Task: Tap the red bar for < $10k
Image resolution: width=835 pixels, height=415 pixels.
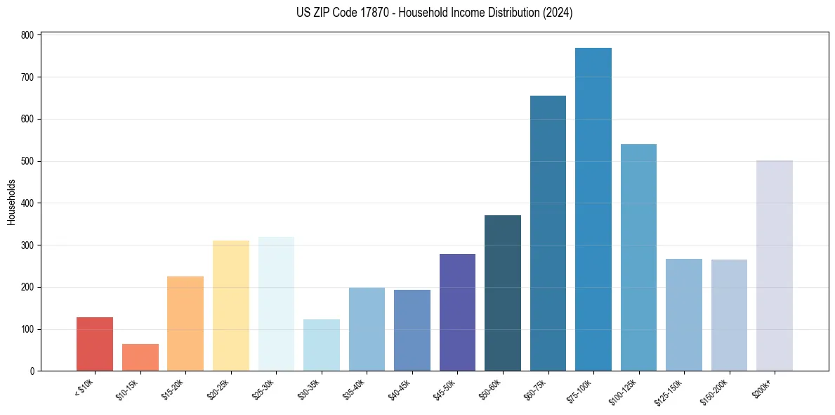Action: (x=95, y=344)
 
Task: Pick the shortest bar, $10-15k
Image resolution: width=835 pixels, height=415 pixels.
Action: (x=140, y=357)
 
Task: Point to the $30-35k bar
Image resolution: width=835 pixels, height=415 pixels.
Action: (x=322, y=345)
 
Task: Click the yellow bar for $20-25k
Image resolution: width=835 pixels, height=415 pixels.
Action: (x=231, y=306)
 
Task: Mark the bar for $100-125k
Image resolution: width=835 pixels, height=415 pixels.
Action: (x=638, y=257)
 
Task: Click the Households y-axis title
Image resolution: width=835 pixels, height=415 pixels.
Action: (x=11, y=202)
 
